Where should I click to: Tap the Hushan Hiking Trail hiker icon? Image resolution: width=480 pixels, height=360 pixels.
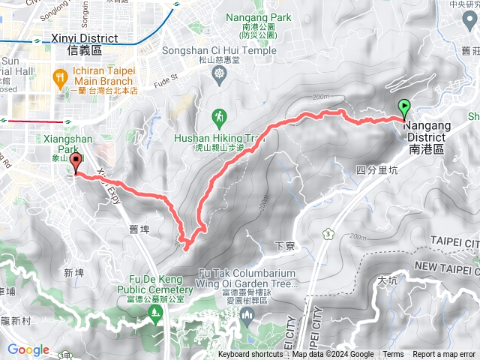click(219, 118)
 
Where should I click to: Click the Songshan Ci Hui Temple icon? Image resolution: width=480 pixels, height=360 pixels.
click(219, 73)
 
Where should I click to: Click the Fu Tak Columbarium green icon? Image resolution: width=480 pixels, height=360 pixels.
click(247, 313)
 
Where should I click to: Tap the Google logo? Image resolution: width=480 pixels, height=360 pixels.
click(28, 349)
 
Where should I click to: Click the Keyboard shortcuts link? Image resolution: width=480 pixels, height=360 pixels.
click(250, 355)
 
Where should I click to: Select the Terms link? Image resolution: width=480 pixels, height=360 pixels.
click(393, 355)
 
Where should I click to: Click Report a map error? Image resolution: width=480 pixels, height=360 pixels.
click(443, 355)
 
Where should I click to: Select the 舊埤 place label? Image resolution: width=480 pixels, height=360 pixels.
click(136, 230)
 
